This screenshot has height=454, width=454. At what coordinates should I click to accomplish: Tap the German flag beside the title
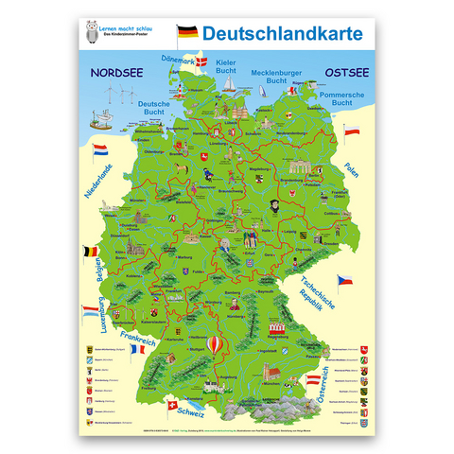[x=187, y=34]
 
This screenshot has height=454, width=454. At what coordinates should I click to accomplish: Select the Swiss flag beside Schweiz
[x=172, y=404]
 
